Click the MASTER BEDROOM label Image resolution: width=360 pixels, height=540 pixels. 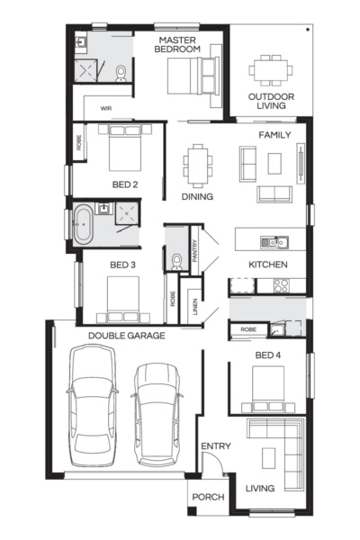point(177,46)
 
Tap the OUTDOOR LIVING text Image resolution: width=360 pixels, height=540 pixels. point(268,100)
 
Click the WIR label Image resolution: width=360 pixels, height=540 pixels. point(105,107)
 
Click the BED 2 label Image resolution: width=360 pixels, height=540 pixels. point(124,184)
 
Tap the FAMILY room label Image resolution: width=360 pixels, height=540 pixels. point(274,134)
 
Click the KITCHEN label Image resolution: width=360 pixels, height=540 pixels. point(267,265)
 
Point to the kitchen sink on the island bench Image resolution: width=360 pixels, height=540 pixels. point(269,241)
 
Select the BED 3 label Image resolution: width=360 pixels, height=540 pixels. point(122,265)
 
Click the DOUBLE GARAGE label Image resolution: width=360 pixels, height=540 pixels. point(126,336)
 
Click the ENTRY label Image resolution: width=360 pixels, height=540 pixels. point(215,446)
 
